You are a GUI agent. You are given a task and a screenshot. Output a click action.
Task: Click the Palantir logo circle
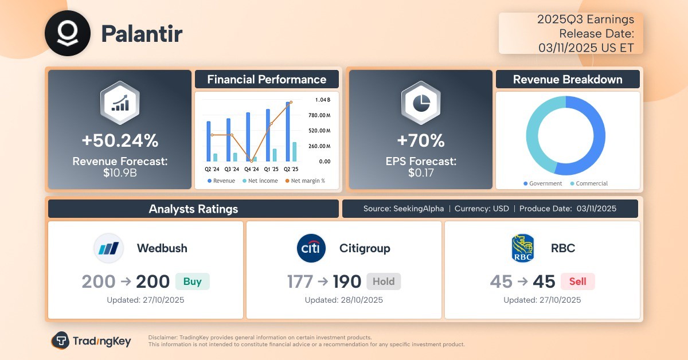tap(68, 33)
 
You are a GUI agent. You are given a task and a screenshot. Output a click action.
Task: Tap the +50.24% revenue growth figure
tap(120, 140)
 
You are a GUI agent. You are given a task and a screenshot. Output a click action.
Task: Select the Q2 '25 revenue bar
tap(288, 131)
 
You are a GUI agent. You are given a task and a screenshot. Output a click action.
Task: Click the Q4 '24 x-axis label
tap(252, 169)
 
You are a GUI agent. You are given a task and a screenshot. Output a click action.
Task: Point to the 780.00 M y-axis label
tap(319, 115)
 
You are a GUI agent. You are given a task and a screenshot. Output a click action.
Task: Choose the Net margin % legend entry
tap(305, 181)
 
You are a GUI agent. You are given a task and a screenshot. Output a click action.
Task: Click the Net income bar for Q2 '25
tap(295, 152)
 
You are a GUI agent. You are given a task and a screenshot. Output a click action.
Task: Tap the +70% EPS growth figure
tap(421, 140)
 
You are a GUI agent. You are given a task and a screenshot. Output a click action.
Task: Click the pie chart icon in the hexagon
tap(421, 103)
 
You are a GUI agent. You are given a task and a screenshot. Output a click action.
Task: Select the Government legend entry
tap(543, 183)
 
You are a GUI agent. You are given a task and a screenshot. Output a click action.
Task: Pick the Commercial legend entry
tap(589, 183)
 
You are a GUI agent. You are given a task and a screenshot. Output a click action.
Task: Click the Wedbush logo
tap(108, 248)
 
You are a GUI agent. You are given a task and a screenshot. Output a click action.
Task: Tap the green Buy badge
tap(193, 281)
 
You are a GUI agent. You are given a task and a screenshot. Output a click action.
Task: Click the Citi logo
tap(311, 248)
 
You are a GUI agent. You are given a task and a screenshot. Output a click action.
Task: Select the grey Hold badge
tap(384, 281)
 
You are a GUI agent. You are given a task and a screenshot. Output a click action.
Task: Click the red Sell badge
tap(578, 281)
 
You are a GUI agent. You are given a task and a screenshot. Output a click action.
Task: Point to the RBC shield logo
tap(523, 248)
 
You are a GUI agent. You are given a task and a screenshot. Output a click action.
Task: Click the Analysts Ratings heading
tap(194, 209)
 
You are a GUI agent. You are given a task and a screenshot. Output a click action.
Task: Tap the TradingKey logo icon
tap(60, 341)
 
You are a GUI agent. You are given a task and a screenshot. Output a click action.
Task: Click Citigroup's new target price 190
tap(347, 281)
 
